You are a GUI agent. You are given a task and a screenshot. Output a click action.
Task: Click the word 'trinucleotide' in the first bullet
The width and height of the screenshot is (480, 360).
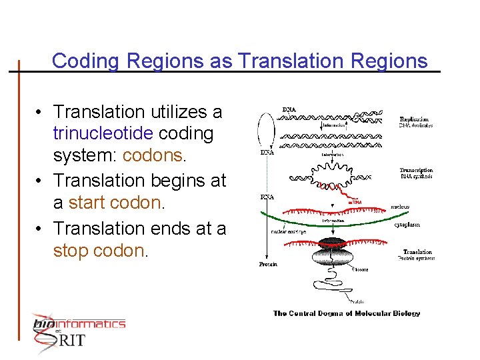103,133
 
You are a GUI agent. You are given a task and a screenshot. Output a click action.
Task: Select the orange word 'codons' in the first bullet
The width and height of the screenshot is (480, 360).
153,156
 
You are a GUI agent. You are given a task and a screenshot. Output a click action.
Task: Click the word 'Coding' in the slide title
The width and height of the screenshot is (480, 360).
86,61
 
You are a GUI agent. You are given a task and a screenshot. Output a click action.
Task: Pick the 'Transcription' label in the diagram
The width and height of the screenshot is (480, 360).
416,170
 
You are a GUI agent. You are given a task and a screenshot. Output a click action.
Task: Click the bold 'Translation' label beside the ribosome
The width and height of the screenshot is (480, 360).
418,253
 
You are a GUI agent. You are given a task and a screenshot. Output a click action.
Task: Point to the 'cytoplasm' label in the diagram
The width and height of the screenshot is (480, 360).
406,225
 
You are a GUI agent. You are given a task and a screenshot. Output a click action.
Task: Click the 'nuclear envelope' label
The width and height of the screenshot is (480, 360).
288,232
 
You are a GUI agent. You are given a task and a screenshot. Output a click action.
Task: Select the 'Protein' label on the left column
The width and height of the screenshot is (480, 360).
268,265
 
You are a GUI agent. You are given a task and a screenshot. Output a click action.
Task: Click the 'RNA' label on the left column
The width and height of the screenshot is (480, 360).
267,197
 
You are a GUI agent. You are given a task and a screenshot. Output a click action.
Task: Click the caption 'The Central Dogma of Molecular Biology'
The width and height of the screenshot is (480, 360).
347,313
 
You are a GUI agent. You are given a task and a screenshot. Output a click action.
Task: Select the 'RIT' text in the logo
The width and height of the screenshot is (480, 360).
73,340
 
